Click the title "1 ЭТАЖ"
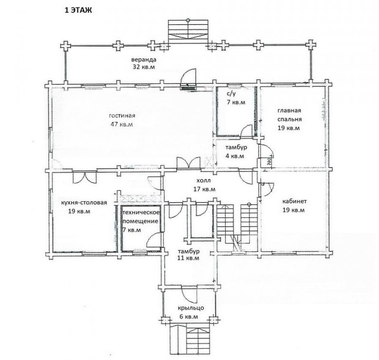click(x=78, y=11)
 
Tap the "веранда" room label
click(x=144, y=60)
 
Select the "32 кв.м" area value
click(x=143, y=67)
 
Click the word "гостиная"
click(x=122, y=115)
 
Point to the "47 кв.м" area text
click(x=121, y=125)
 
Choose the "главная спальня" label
click(x=289, y=115)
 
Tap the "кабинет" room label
click(x=295, y=201)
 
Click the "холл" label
click(x=203, y=180)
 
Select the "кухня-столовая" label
click(x=84, y=202)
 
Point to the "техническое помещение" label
click(x=141, y=217)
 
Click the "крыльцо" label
click(x=191, y=308)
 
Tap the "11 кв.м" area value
click(x=188, y=258)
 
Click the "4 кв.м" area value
click(x=235, y=156)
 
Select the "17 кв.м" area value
click(x=204, y=189)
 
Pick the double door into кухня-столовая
click(x=85, y=177)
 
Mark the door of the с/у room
click(x=247, y=131)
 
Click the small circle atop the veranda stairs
click(x=188, y=20)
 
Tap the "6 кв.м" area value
click(x=189, y=317)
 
